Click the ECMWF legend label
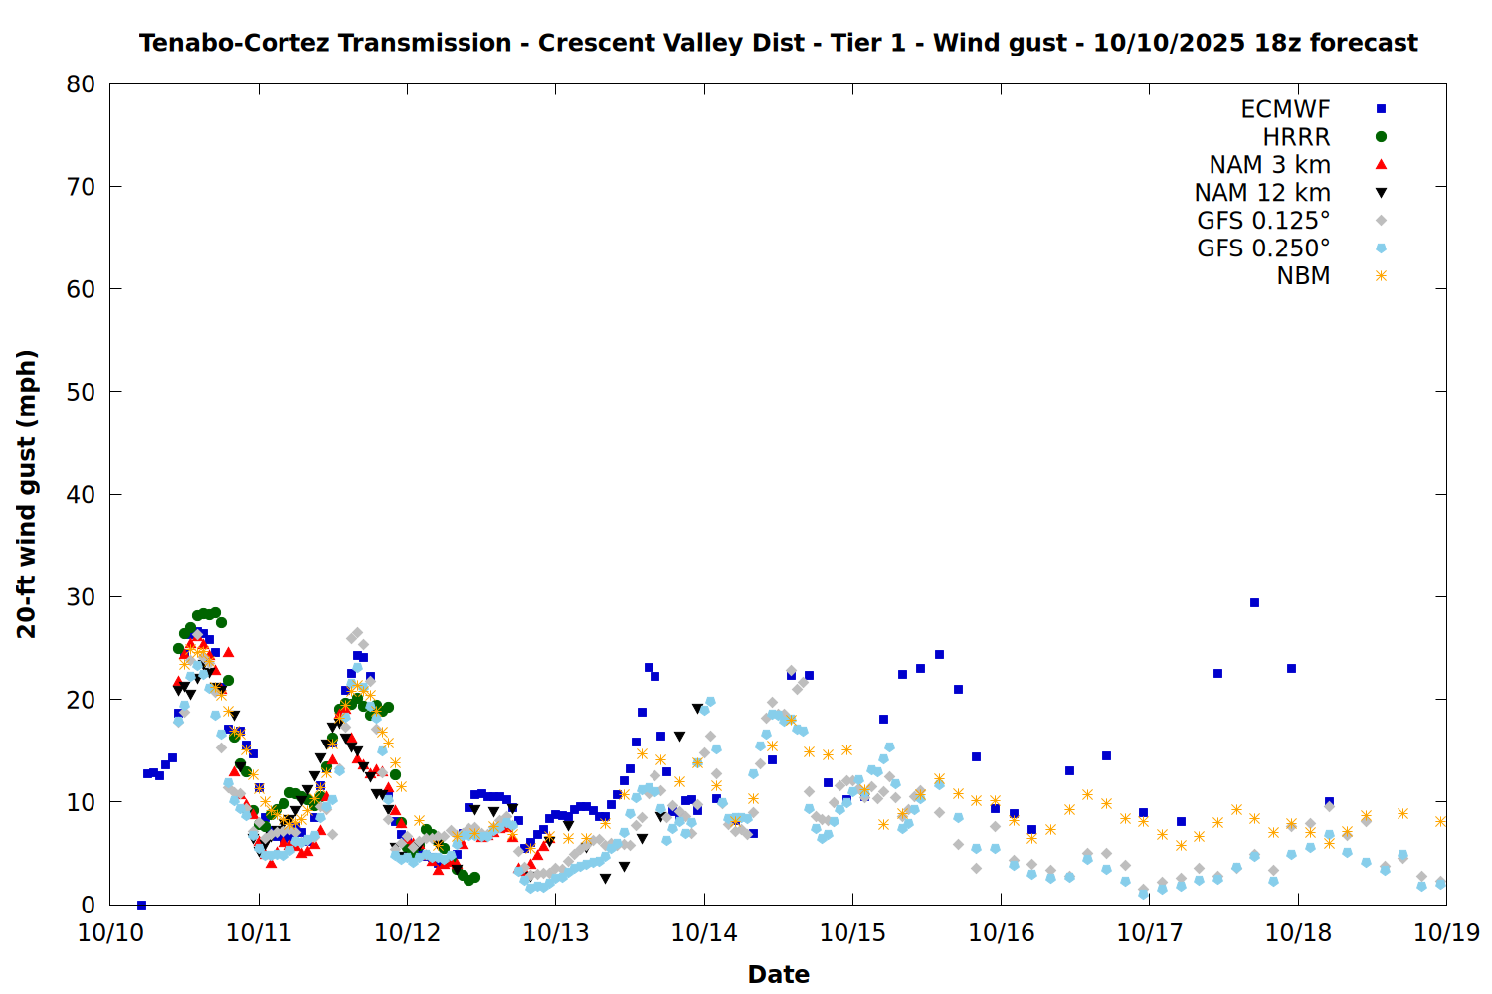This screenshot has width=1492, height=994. coord(1285,109)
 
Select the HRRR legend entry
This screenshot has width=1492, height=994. coord(1296,137)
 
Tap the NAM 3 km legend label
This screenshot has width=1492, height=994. coord(1269,165)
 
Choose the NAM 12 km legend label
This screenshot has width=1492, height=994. coord(1262,193)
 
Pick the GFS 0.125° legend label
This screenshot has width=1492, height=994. coord(1263,221)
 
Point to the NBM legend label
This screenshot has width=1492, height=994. coord(1303,276)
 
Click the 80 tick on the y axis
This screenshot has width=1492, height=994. coord(82,84)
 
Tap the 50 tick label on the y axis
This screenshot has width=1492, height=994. coord(82,392)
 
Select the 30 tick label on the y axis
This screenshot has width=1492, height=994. coord(82,597)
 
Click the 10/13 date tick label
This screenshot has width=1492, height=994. coord(556,933)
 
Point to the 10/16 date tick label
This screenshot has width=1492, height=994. coord(1002,933)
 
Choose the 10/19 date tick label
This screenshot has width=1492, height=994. coord(1446,933)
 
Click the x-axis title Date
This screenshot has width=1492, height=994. coord(778,974)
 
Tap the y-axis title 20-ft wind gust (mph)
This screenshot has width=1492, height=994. coord(27,494)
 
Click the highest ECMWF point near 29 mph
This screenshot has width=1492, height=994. coord(1254,602)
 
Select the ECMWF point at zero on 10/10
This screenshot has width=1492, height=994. coord(141,905)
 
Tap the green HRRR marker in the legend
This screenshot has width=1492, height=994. coord(1381,137)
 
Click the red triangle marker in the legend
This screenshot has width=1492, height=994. coord(1381,165)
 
